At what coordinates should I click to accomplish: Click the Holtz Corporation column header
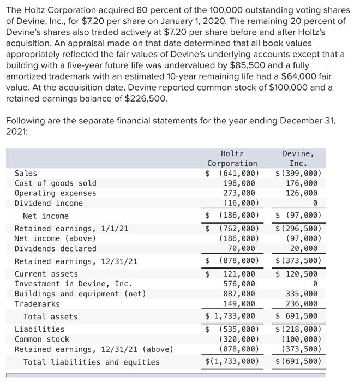(232, 158)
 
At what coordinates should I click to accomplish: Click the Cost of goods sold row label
(55, 183)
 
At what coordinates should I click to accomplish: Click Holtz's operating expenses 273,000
(239, 193)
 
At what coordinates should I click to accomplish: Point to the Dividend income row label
(49, 204)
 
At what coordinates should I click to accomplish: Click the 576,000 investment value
(239, 284)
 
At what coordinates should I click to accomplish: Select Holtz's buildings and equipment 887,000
(239, 294)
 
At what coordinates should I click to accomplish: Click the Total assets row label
(50, 317)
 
